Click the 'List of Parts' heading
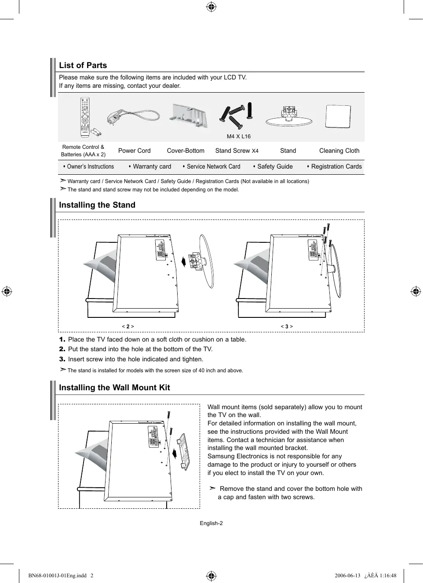click(83, 65)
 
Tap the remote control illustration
click(85, 117)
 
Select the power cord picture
click(133, 117)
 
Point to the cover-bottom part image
click(189, 116)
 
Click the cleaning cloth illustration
click(338, 116)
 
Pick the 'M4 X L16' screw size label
click(238, 137)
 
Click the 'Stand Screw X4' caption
click(237, 151)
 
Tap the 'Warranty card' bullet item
click(152, 166)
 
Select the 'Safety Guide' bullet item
click(275, 166)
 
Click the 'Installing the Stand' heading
click(97, 205)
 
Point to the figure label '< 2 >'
click(128, 327)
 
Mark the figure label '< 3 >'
click(287, 327)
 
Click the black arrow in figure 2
click(184, 262)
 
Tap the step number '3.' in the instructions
click(62, 359)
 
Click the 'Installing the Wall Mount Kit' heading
click(114, 388)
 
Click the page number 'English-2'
click(211, 523)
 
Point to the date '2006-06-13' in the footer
click(347, 576)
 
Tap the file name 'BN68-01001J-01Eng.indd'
click(57, 576)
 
